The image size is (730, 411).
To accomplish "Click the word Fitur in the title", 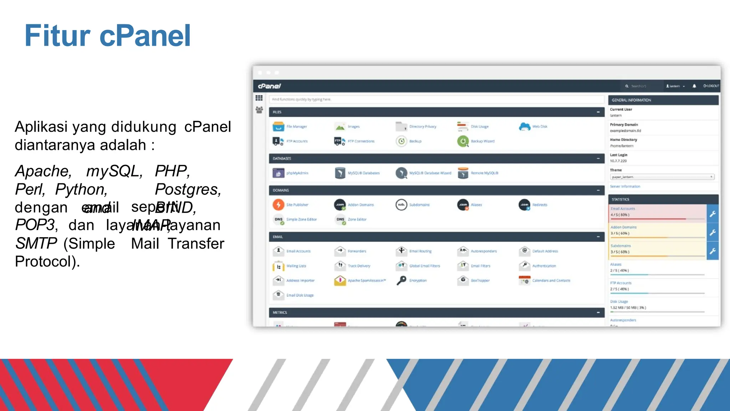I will (57, 36).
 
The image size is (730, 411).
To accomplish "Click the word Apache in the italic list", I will (43, 171).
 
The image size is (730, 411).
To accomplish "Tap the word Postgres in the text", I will (188, 189).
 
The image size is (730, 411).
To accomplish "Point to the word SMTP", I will (36, 244).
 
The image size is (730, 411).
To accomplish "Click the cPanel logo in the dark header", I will (269, 86).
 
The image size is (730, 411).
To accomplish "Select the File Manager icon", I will (278, 127).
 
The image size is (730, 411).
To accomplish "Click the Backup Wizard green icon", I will (463, 141).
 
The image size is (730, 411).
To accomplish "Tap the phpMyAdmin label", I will (297, 173).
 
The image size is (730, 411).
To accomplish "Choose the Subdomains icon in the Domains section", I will (401, 205).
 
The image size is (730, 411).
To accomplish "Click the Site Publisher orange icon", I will (278, 205).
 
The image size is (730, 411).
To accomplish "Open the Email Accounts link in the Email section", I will (298, 251).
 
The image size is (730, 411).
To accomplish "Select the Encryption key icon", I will (401, 280).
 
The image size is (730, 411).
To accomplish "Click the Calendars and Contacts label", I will (551, 281).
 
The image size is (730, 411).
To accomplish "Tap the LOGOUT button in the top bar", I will (711, 86).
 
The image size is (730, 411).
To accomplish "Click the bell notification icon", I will (694, 86).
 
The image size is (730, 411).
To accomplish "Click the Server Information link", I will (625, 187).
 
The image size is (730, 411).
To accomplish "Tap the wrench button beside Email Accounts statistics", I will (713, 214).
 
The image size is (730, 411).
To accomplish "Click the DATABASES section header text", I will (282, 158).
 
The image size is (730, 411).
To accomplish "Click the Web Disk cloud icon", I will (524, 127).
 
